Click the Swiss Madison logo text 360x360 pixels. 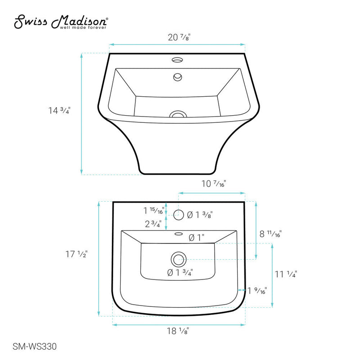[61, 21]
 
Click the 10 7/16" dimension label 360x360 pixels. [212, 184]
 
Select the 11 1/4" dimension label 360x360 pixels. [286, 274]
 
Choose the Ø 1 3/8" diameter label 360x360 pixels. [199, 215]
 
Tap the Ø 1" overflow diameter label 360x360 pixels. [197, 237]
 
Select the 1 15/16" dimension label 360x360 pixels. [154, 210]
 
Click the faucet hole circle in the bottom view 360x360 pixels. [179, 215]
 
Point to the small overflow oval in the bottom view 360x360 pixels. [178, 234]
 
